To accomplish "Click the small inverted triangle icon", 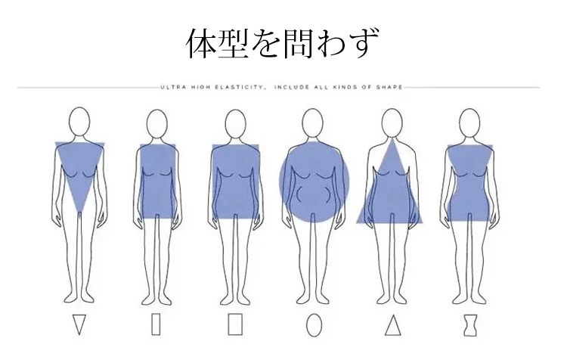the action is [x=79, y=324].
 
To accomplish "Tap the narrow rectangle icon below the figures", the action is [x=156, y=324].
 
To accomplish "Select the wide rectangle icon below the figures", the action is [x=235, y=324].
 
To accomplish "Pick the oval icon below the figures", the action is [x=314, y=325].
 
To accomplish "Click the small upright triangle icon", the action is [x=392, y=325].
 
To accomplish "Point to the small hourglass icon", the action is [x=470, y=325].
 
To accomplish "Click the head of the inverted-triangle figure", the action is [x=79, y=122].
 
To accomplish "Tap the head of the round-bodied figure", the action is [x=312, y=123].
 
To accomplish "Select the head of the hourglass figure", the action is [x=469, y=123].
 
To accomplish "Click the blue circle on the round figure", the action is [x=314, y=182].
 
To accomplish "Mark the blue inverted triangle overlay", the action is [x=80, y=170].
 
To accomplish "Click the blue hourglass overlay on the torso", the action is [x=470, y=183].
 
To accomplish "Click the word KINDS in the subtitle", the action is [x=346, y=87].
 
